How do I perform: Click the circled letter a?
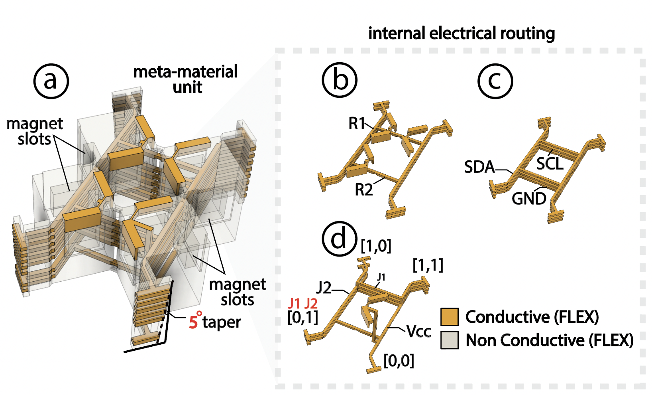coord(51,81)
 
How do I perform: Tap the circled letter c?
coord(495,81)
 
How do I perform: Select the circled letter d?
coord(340,239)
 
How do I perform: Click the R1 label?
coord(357,124)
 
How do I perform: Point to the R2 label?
coord(363,190)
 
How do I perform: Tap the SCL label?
coord(550,164)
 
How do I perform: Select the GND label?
coord(529,199)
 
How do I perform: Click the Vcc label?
coord(418,331)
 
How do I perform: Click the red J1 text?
coord(294,304)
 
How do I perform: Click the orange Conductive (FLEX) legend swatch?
coord(450,317)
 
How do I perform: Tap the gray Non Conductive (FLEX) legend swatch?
coord(450,340)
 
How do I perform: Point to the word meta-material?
coord(185,72)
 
